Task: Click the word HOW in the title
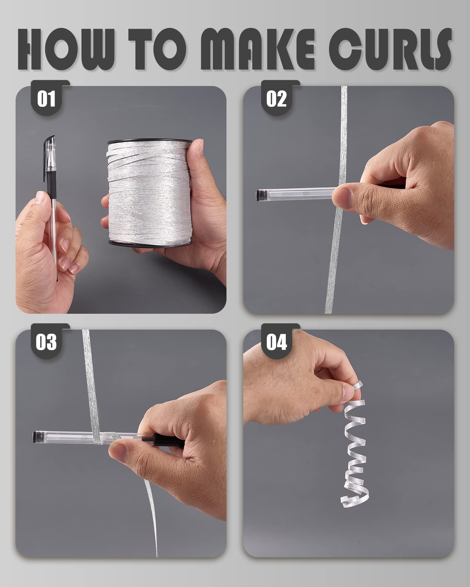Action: point(66,49)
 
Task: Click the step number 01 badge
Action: point(46,99)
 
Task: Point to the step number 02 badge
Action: point(276,99)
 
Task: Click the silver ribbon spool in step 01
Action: point(150,192)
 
